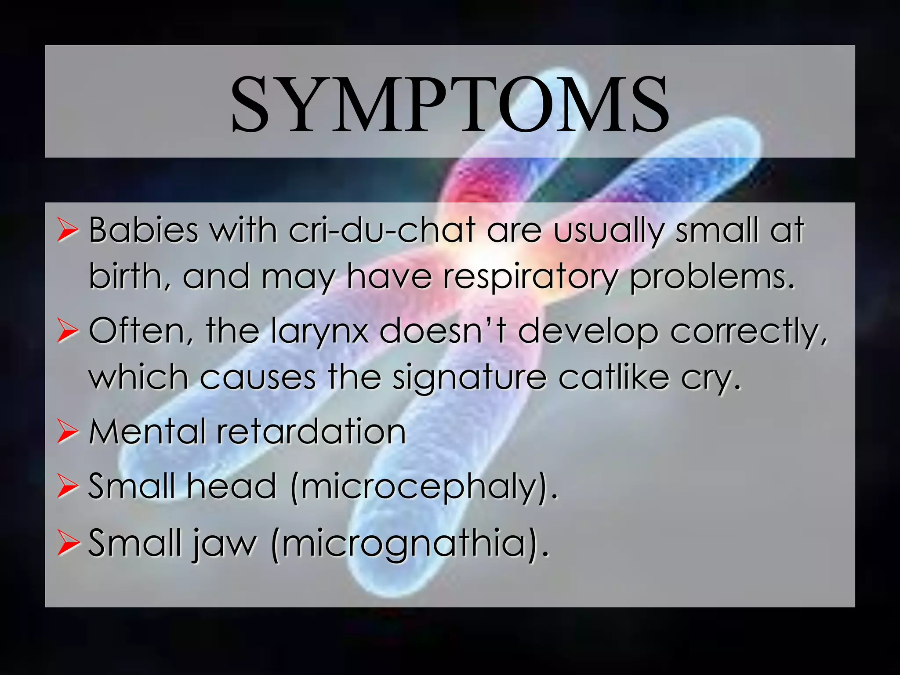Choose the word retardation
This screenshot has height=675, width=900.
point(311,432)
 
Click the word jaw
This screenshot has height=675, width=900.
point(224,544)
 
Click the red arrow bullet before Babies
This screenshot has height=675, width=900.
point(68,231)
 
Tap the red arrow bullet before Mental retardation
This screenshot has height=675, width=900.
point(68,432)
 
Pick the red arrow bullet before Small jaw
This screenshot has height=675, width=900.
point(68,544)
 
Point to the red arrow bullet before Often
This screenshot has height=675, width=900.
point(68,332)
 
